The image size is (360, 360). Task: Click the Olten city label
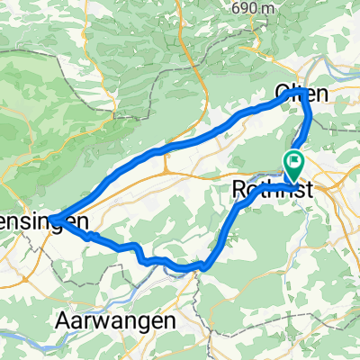300,93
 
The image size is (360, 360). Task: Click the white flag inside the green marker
294,162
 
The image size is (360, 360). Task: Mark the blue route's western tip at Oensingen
52,218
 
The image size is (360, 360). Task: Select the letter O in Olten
282,94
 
